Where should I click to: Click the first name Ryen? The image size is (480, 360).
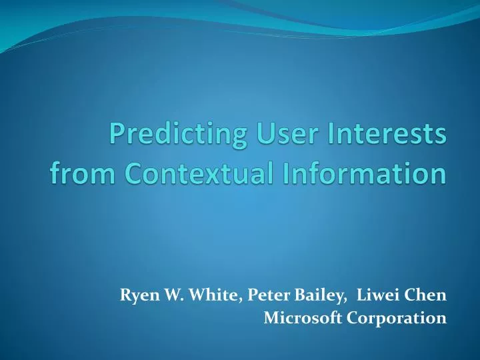coord(135,295)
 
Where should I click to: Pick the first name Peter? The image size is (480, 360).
coord(247,295)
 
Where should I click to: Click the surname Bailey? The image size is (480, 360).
coord(293,295)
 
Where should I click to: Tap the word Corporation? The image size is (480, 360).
coord(389,319)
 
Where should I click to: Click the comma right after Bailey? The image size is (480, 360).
coord(316,300)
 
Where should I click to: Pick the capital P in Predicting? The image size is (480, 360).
coord(118,137)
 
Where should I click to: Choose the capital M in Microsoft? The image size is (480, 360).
coord(270,319)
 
